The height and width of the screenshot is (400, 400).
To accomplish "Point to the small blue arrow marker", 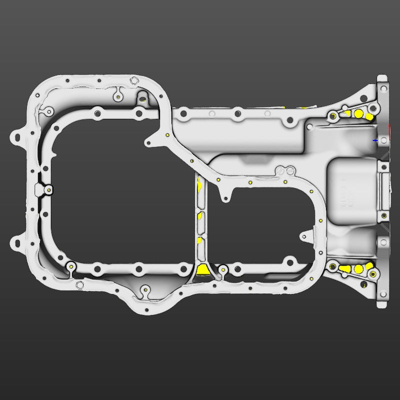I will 374,140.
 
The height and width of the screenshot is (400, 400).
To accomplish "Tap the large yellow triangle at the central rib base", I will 203,270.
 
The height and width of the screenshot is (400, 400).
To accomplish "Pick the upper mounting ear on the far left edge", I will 17,135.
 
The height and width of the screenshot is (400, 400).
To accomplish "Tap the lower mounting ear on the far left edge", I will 16,244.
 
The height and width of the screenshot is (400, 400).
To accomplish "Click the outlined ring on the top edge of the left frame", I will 133,80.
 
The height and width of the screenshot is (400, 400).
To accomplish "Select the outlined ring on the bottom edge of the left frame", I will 79,285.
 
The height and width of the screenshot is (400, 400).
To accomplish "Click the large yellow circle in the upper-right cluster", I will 358,113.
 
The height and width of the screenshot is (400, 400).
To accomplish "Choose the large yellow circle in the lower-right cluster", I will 358,269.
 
